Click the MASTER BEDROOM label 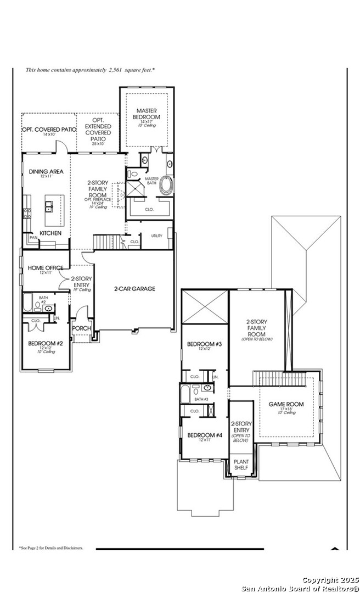click(x=147, y=114)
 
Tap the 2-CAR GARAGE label click(x=134, y=289)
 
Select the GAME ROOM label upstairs click(x=286, y=404)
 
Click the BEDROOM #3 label click(x=204, y=344)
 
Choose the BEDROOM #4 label click(x=204, y=435)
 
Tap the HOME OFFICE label click(x=46, y=268)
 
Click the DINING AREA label click(x=46, y=171)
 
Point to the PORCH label click(x=82, y=328)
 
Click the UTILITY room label click(x=157, y=236)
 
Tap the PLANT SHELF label click(x=241, y=465)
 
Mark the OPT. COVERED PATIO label click(x=49, y=130)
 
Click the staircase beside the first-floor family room click(x=107, y=242)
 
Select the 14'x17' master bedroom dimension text click(x=147, y=121)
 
